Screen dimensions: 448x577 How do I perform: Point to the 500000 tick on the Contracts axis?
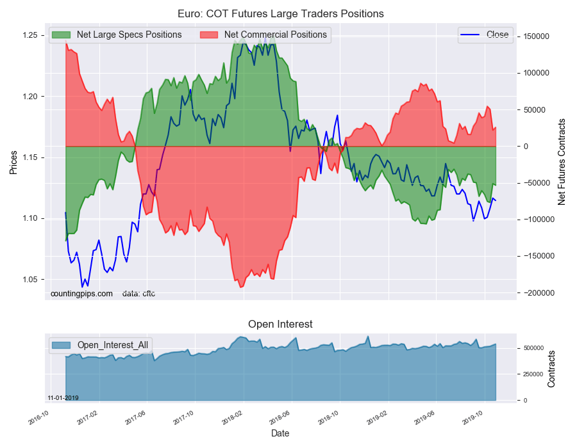tap(533, 348)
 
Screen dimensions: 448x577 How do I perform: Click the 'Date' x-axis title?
tap(280, 433)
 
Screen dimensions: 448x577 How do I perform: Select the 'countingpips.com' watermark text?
tap(81, 294)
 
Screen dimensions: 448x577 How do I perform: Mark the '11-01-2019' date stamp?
tap(63, 398)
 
